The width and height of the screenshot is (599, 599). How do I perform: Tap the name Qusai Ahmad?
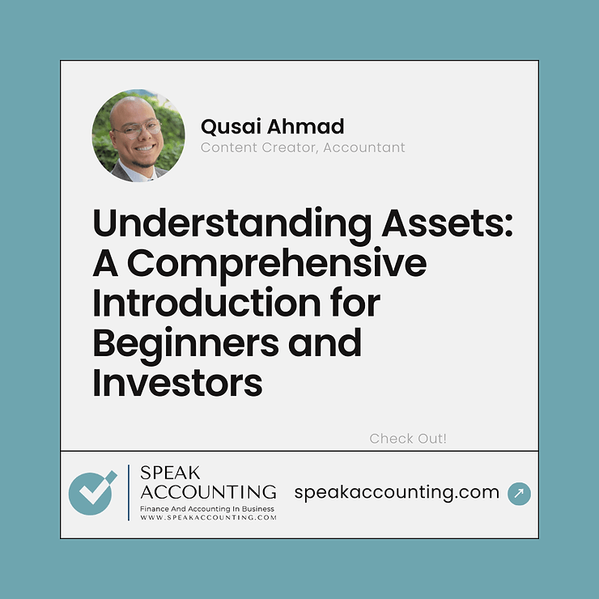272,126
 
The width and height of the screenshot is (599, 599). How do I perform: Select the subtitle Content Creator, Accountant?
303,147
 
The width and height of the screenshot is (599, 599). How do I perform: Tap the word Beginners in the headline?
193,343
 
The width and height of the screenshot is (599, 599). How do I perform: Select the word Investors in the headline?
177,383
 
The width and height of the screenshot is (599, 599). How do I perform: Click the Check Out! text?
408,439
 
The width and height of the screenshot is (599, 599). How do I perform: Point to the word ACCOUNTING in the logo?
208,491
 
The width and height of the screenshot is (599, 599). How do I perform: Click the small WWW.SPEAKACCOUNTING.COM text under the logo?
208,516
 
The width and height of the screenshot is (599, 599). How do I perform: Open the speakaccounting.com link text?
397,491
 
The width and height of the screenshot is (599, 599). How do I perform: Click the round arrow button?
519,493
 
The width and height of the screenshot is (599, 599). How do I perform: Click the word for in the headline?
352,303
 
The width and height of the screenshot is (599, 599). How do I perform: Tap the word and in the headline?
329,343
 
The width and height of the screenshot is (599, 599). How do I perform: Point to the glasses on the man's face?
135,128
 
